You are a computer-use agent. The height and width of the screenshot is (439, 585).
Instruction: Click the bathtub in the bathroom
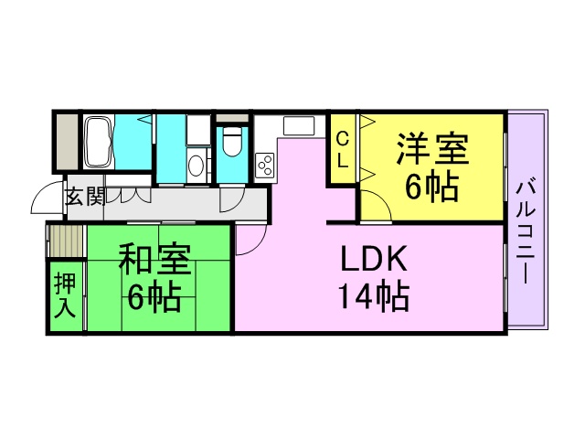[99, 142]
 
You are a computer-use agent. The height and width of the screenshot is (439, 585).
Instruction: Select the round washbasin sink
[196, 166]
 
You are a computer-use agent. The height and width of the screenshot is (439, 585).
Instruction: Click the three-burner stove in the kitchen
[265, 165]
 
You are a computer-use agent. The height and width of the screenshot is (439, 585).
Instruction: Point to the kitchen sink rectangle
[299, 126]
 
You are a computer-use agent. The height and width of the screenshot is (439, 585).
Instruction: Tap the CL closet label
[342, 150]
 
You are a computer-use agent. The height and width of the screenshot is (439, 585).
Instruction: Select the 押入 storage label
[65, 295]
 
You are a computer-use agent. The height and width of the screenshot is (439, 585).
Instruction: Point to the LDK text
[374, 259]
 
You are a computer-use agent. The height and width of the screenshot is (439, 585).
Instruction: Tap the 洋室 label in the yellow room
[432, 148]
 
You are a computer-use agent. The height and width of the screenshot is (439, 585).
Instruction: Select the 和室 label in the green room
[154, 258]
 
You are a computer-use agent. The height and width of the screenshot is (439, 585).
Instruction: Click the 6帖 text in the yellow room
[432, 187]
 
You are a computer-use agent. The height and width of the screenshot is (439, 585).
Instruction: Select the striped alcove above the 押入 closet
[66, 241]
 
